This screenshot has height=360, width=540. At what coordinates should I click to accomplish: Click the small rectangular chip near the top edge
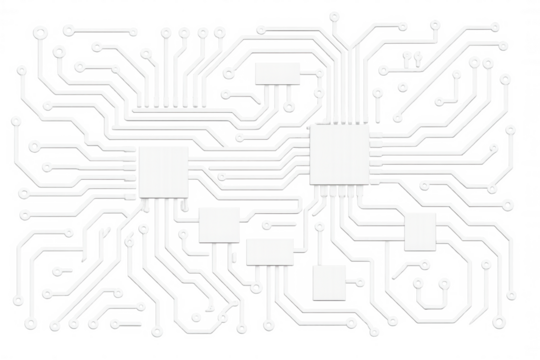click(x=276, y=71)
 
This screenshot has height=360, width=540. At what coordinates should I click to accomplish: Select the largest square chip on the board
click(x=339, y=155)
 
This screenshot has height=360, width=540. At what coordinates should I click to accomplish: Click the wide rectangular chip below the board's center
click(x=270, y=250)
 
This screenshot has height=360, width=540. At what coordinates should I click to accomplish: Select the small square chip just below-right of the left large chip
click(x=218, y=224)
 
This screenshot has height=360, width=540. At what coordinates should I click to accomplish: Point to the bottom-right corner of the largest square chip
click(x=368, y=184)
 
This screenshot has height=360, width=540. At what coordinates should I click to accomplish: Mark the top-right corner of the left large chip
click(x=189, y=146)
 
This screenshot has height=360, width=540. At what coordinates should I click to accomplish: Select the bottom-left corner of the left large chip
click(x=139, y=195)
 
